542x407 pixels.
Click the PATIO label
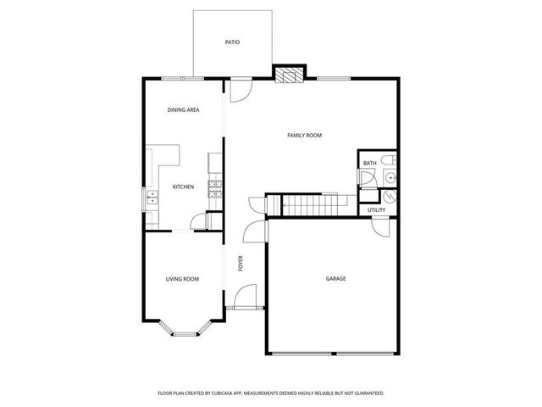tap(231, 41)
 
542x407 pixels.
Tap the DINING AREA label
tap(183, 110)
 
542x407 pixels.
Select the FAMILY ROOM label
tap(304, 136)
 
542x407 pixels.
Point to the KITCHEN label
tap(183, 187)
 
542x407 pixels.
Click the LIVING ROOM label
tap(181, 278)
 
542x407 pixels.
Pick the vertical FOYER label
tap(241, 264)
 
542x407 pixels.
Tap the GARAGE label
tap(335, 278)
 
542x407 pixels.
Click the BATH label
tap(369, 163)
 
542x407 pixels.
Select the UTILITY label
tap(376, 209)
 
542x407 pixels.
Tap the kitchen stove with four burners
tap(216, 189)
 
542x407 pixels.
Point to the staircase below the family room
tap(309, 204)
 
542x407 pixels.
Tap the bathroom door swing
tap(367, 178)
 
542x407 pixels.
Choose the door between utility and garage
tap(381, 226)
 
